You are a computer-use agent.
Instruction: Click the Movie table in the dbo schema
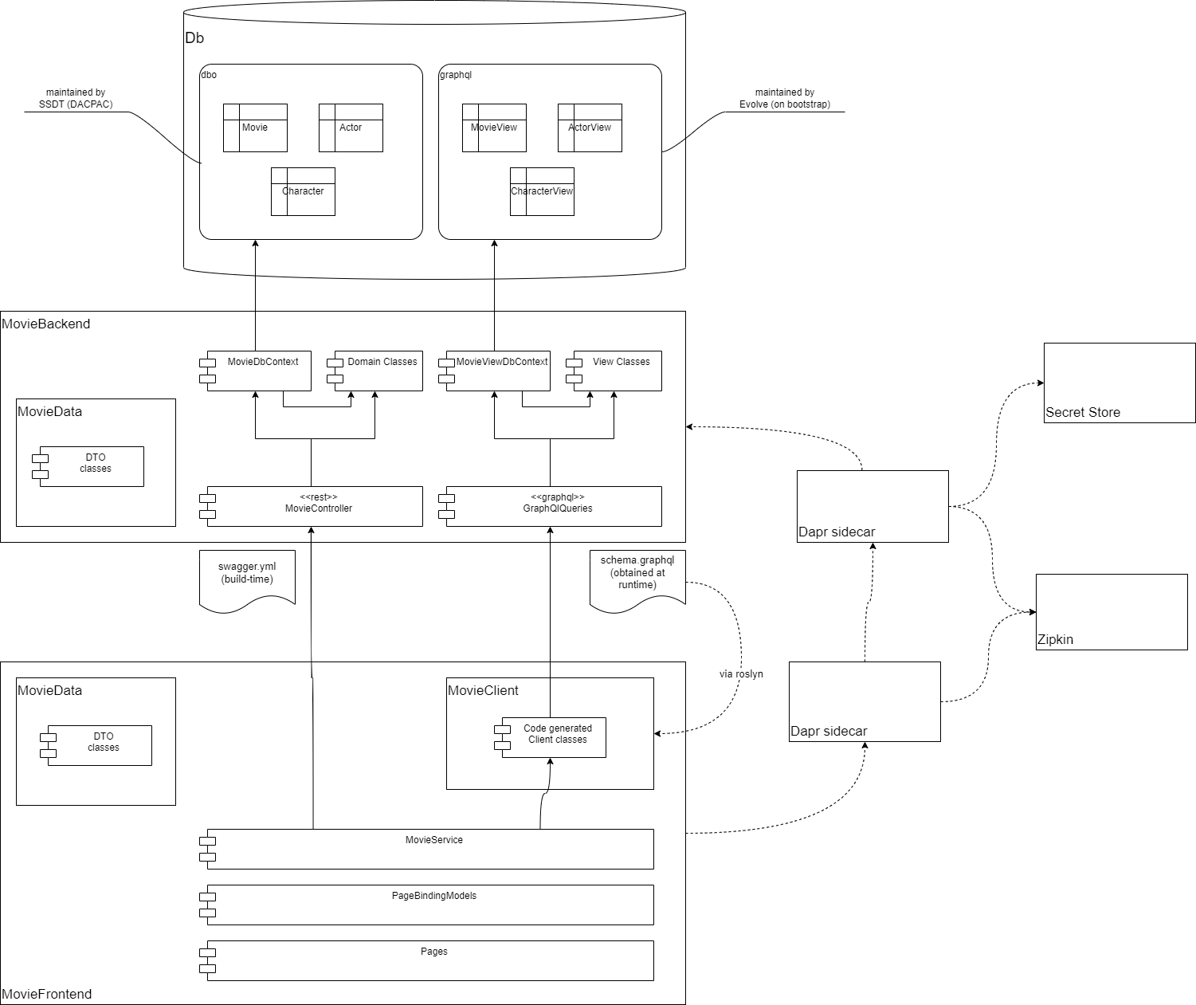tap(255, 128)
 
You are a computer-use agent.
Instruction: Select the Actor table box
tap(351, 128)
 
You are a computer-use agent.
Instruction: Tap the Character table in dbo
tap(303, 191)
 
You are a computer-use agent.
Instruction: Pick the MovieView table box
tap(494, 128)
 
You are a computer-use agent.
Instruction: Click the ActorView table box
tap(590, 128)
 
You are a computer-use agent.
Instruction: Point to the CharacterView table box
tap(542, 191)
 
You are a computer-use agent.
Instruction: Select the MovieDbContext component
tap(259, 371)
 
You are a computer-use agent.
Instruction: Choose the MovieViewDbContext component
tap(498, 371)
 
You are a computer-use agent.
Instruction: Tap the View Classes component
tap(618, 371)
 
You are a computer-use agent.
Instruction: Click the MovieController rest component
tap(315, 506)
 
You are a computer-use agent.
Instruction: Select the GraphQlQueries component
tap(554, 506)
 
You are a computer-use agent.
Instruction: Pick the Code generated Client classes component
tap(554, 737)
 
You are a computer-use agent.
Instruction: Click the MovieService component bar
tap(430, 849)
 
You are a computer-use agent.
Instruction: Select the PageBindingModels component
tap(430, 905)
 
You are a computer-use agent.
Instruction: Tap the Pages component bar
tap(430, 960)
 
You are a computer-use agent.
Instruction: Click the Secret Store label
tap(1083, 412)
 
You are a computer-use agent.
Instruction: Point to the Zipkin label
tap(1055, 639)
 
